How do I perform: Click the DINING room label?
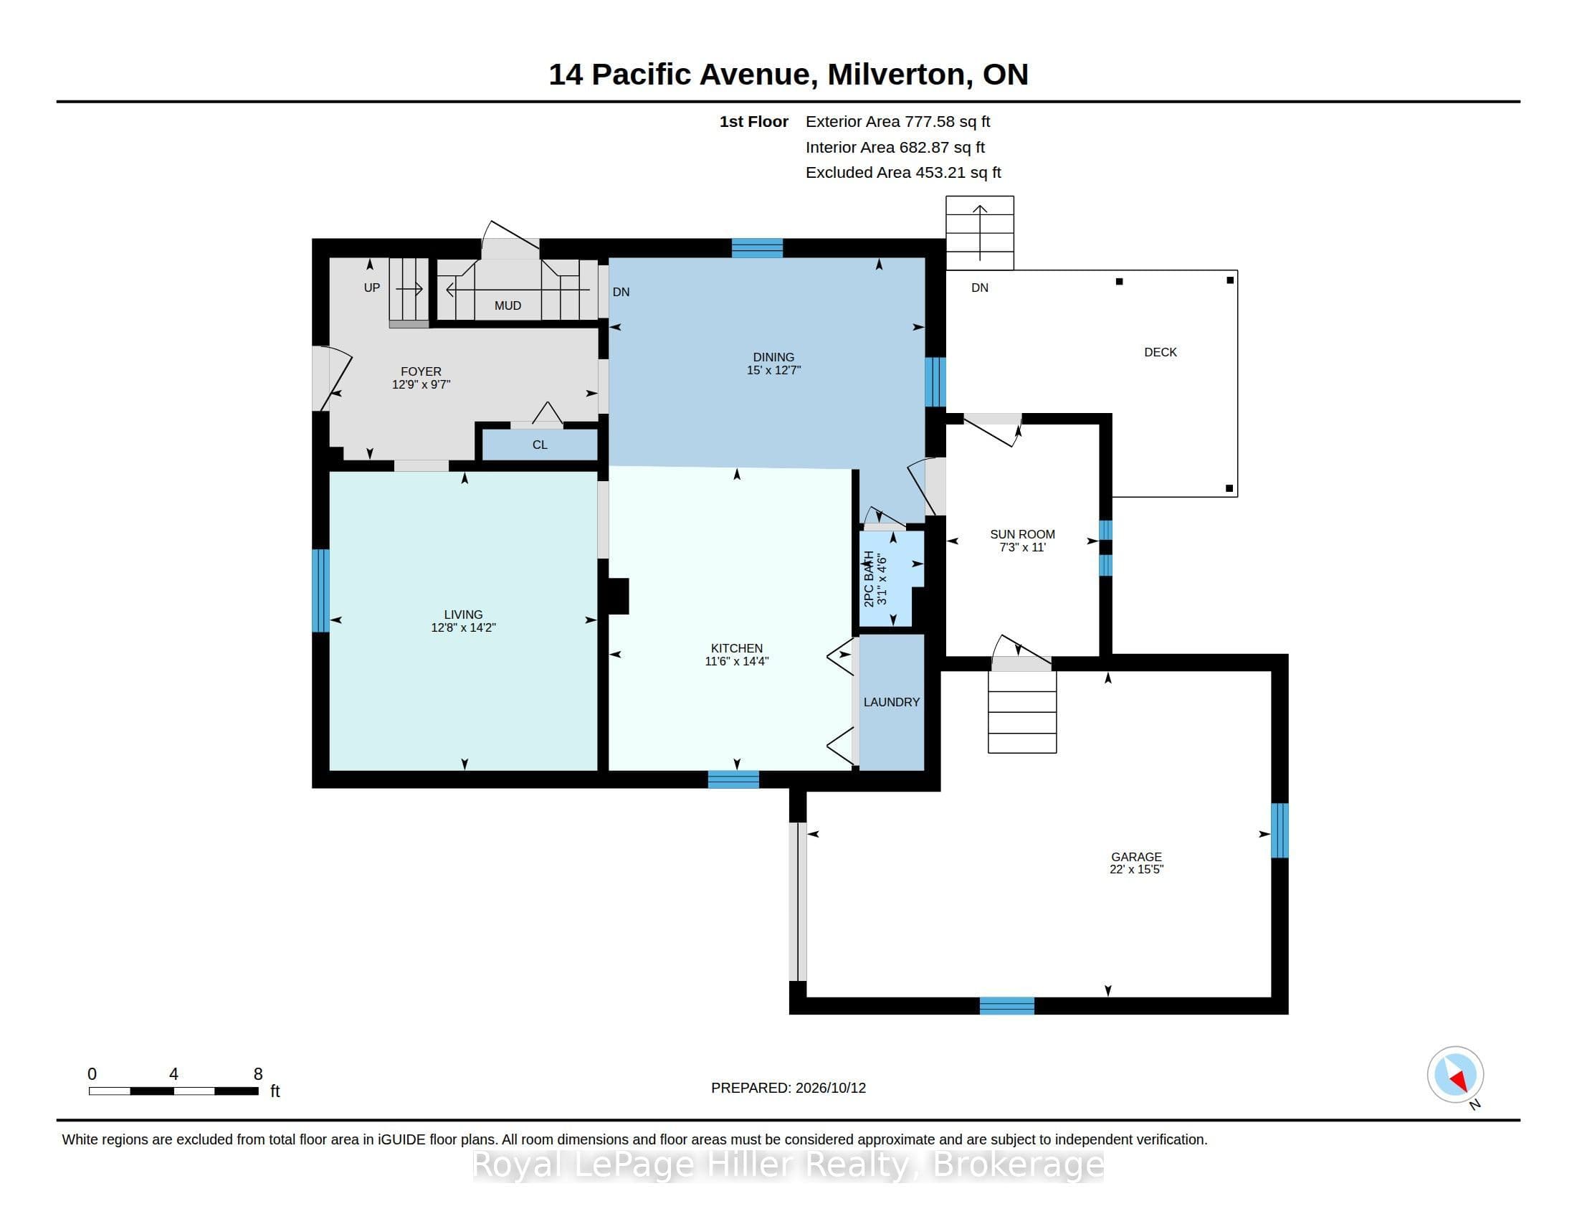pyautogui.click(x=773, y=357)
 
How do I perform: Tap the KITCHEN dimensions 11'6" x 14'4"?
pyautogui.click(x=736, y=661)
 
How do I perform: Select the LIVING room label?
pyautogui.click(x=464, y=615)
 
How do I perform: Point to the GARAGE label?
pyautogui.click(x=1137, y=856)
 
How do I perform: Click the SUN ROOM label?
pyautogui.click(x=1022, y=534)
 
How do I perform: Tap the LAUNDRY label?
pyautogui.click(x=892, y=702)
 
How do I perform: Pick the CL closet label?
pyautogui.click(x=540, y=445)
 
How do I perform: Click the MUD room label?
pyautogui.click(x=508, y=305)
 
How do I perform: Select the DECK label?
pyautogui.click(x=1161, y=352)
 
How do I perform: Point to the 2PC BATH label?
pyautogui.click(x=870, y=579)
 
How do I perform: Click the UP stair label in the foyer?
pyautogui.click(x=372, y=288)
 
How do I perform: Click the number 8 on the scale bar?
pyautogui.click(x=258, y=1074)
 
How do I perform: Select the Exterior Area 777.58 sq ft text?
pyautogui.click(x=897, y=121)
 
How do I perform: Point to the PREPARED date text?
pyautogui.click(x=788, y=1088)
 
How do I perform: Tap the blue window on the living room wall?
pyautogui.click(x=320, y=591)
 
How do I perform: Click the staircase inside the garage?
pyautogui.click(x=1022, y=712)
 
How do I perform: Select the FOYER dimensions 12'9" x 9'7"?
pyautogui.click(x=421, y=385)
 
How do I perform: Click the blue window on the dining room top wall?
pyautogui.click(x=757, y=247)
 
